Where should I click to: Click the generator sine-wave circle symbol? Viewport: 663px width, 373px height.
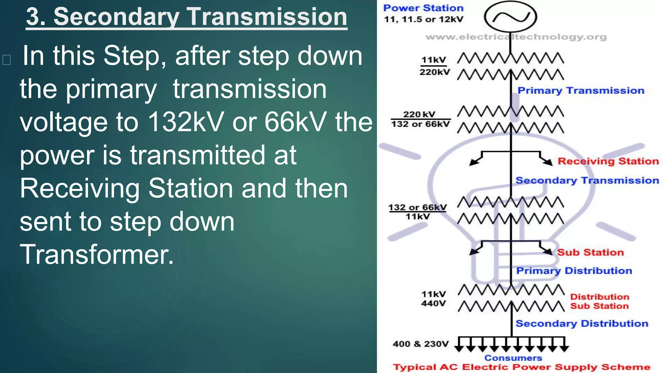pyautogui.click(x=511, y=17)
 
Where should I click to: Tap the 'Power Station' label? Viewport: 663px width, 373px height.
pyautogui.click(x=423, y=8)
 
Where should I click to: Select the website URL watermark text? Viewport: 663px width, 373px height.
pyautogui.click(x=516, y=37)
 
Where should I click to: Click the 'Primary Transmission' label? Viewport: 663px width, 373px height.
pyautogui.click(x=581, y=91)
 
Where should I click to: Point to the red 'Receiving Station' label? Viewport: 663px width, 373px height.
pyautogui.click(x=608, y=161)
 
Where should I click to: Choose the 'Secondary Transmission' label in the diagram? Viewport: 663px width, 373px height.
pyautogui.click(x=587, y=180)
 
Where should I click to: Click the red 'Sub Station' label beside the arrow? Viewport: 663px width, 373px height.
pyautogui.click(x=590, y=253)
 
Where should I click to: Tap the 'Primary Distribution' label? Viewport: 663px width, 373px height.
pyautogui.click(x=574, y=271)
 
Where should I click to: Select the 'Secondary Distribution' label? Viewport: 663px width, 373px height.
pyautogui.click(x=582, y=323)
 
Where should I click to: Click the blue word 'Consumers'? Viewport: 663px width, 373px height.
pyautogui.click(x=513, y=358)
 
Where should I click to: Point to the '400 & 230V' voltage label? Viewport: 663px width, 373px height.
pyautogui.click(x=421, y=344)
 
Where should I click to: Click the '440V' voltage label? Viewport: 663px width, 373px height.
pyautogui.click(x=433, y=304)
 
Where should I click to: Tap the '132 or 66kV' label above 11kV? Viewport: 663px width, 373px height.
pyautogui.click(x=417, y=207)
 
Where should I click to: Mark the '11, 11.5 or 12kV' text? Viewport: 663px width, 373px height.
pyautogui.click(x=423, y=19)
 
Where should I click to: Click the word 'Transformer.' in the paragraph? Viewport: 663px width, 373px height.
pyautogui.click(x=97, y=254)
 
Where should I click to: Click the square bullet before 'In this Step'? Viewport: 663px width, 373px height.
pyautogui.click(x=6, y=60)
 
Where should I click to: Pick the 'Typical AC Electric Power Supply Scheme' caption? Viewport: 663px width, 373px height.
pyautogui.click(x=522, y=367)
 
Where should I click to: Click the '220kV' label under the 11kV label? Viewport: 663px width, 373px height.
pyautogui.click(x=434, y=72)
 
